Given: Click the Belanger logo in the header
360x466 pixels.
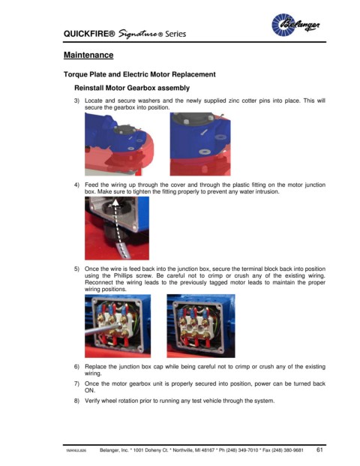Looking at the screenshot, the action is tap(295, 25).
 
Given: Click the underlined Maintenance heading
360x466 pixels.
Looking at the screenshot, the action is tap(88, 55).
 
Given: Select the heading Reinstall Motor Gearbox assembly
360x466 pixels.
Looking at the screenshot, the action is tap(132, 88).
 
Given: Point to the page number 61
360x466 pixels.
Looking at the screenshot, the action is tap(319, 449).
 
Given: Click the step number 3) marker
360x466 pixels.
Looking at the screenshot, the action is tap(76, 101).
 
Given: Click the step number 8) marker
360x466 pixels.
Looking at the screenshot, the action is tap(76, 401).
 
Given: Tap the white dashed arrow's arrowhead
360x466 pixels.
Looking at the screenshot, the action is tap(115, 202).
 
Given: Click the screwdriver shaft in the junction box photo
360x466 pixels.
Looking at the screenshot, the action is tap(103, 329).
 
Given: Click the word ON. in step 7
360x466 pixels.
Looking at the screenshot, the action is tap(90, 390).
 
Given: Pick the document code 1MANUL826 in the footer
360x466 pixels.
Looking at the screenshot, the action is tap(76, 450).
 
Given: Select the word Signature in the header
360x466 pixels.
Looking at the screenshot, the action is tap(138, 34).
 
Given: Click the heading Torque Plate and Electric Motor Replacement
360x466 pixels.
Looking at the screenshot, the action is tap(139, 74).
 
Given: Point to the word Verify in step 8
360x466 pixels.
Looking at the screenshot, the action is tap(92, 401).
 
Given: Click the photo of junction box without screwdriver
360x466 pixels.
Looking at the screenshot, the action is tap(201, 326).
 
